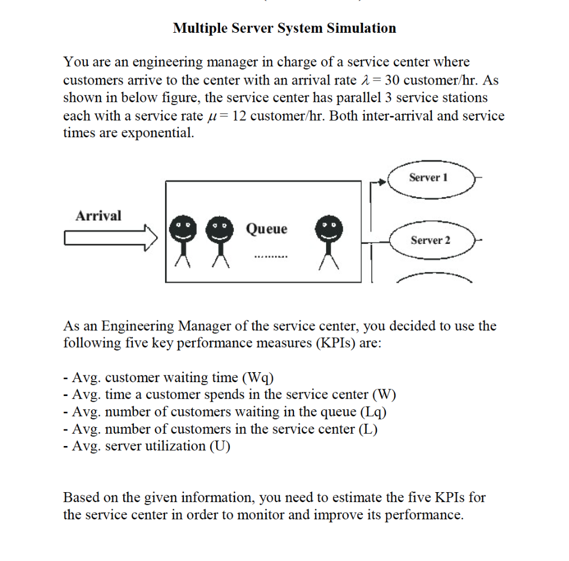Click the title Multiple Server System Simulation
click(x=284, y=28)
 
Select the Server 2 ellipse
click(x=431, y=241)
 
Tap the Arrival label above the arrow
click(x=98, y=216)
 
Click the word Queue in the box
click(x=267, y=229)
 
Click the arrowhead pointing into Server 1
click(x=382, y=181)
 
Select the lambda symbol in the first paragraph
click(x=365, y=80)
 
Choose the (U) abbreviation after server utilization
click(x=220, y=445)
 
